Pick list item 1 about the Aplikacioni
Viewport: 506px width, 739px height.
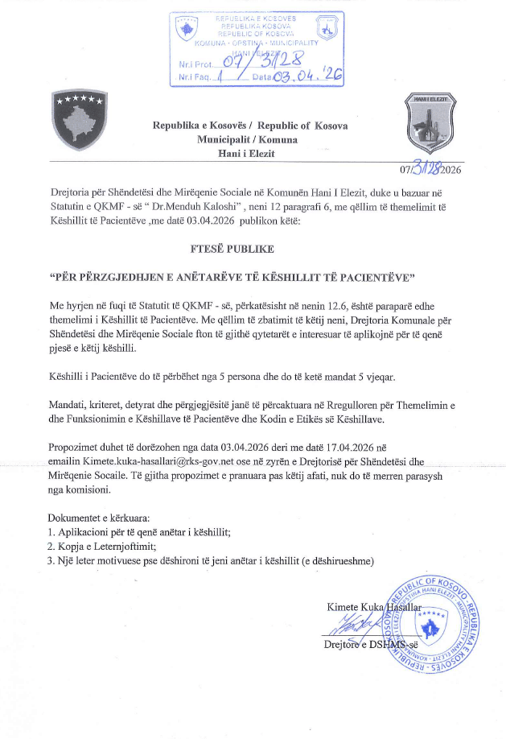click(x=139, y=531)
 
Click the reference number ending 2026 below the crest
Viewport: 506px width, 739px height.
click(x=435, y=168)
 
